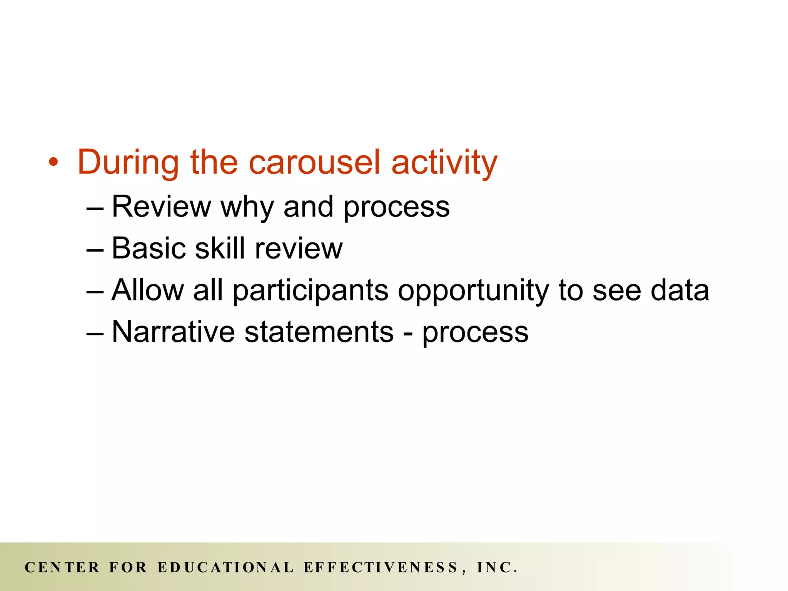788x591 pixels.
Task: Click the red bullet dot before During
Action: click(53, 163)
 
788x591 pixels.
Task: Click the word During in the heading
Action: click(128, 162)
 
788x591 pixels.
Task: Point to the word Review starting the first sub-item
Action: click(161, 207)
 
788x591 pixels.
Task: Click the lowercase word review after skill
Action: click(299, 249)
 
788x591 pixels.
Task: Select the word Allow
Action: click(148, 290)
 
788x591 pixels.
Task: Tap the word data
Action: click(679, 290)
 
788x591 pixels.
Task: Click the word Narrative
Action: click(173, 332)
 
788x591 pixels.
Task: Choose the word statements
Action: click(319, 332)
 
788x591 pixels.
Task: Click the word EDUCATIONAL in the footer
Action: click(225, 568)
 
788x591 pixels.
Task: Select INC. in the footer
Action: click(497, 568)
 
